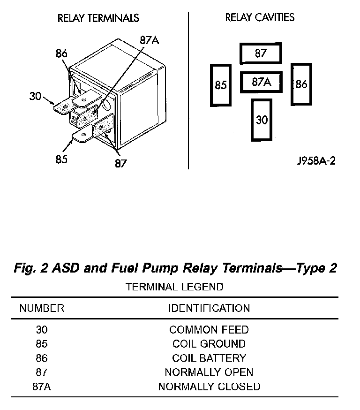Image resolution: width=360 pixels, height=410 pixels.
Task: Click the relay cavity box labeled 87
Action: coord(261,53)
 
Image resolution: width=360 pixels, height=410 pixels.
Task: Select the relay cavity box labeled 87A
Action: coord(262,82)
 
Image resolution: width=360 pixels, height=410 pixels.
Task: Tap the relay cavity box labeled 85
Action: coord(221,85)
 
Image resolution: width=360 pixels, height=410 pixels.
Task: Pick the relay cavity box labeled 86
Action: coord(301,84)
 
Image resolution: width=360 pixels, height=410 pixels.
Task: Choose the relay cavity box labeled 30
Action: coord(262,120)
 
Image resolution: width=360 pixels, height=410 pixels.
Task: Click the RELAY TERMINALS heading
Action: coord(98,18)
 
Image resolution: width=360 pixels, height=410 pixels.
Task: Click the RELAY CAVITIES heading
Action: coord(260,18)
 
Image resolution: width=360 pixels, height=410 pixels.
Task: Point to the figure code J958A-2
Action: coord(316,161)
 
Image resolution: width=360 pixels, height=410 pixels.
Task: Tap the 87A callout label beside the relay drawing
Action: coord(149,40)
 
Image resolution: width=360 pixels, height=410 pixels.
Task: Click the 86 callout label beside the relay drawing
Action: coord(61,53)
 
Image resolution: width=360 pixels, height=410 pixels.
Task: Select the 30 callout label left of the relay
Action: coord(36,96)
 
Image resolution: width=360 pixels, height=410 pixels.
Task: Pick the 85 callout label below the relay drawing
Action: coord(61,159)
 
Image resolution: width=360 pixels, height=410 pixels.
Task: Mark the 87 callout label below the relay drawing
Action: coord(121,164)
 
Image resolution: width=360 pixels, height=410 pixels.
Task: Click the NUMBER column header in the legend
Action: coord(42,309)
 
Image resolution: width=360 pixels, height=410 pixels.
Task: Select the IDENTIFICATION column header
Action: coord(209,309)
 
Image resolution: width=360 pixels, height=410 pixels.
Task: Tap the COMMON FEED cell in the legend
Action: coord(209,330)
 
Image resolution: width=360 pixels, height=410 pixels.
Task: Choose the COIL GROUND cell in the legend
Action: coord(209,344)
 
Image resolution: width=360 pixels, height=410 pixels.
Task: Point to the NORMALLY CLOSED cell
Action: coord(209,387)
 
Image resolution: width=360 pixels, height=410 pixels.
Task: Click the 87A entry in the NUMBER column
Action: coord(42,387)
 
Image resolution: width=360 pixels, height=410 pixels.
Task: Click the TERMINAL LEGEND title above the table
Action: coord(174,287)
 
